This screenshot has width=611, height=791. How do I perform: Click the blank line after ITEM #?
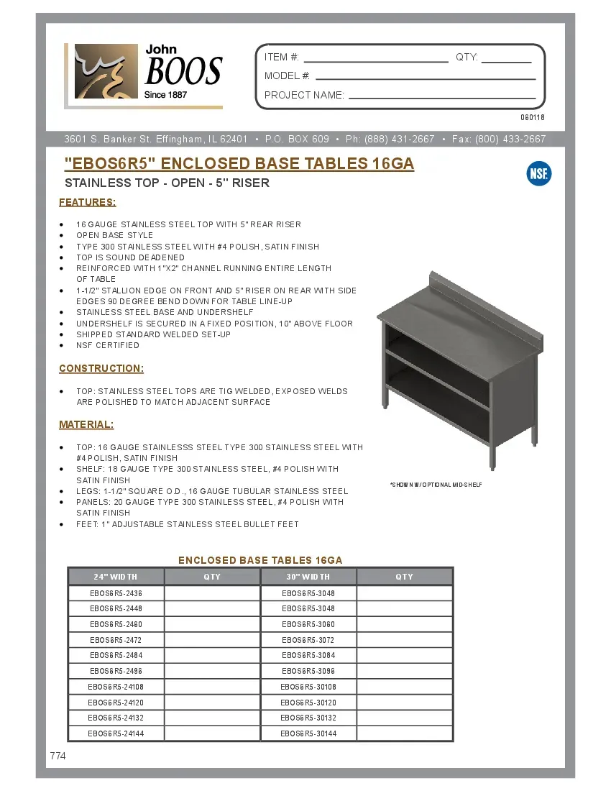click(375, 61)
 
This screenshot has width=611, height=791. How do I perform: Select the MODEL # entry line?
click(426, 78)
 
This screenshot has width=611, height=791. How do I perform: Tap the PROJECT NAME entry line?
click(442, 97)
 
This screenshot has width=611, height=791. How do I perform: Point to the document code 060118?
click(533, 117)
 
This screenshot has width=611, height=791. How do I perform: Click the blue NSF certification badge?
click(539, 173)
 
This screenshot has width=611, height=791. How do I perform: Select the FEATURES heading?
click(88, 202)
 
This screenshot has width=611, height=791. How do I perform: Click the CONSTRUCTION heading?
click(101, 368)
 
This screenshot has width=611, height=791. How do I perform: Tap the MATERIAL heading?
click(86, 424)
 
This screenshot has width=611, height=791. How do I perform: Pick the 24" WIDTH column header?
click(116, 577)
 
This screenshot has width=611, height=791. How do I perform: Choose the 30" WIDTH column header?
click(308, 577)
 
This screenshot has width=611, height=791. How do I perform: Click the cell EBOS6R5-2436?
click(116, 593)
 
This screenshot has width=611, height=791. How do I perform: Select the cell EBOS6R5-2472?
click(116, 640)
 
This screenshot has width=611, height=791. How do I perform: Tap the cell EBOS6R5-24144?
click(116, 733)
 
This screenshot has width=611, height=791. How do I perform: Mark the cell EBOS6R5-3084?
click(308, 655)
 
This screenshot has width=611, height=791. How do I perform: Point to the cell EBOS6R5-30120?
click(308, 703)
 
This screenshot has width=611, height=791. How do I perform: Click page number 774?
click(58, 756)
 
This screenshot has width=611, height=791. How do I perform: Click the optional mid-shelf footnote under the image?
click(436, 485)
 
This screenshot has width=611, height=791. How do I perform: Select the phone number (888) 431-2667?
click(400, 140)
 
